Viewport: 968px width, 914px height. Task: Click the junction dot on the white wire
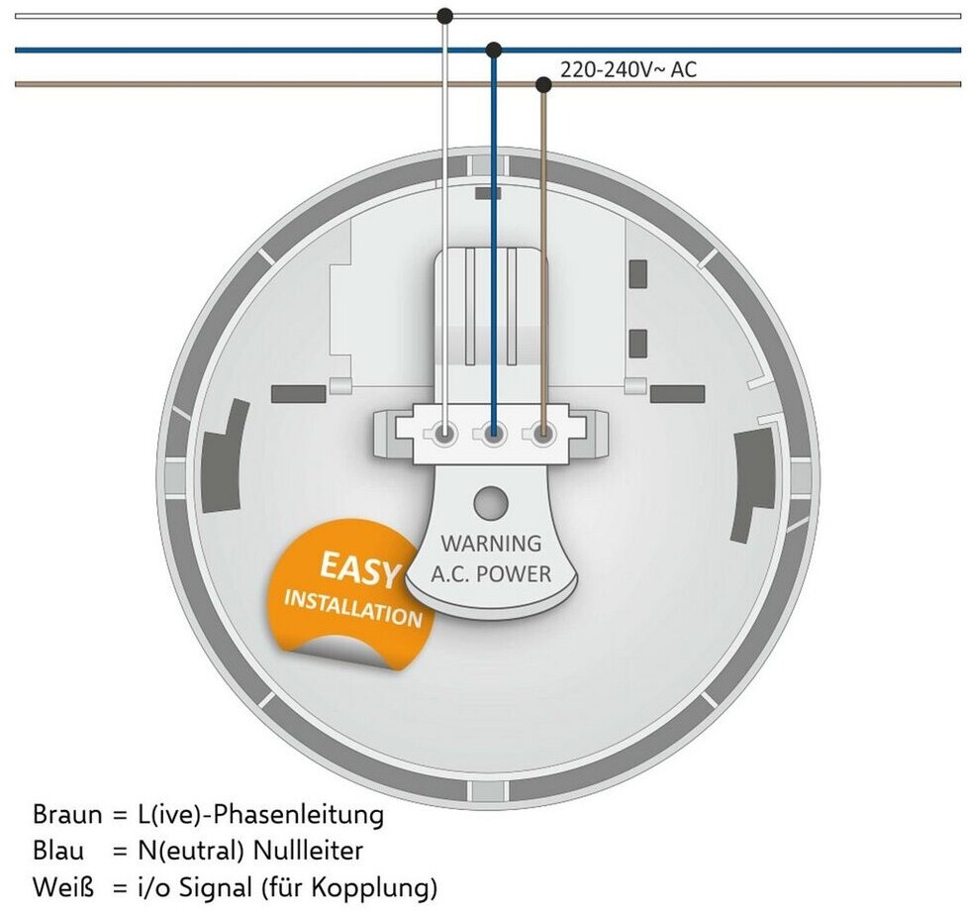point(445,16)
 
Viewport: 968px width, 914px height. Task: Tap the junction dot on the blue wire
point(494,50)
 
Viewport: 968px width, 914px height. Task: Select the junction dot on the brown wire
point(543,84)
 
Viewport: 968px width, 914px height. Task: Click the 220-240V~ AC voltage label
point(629,70)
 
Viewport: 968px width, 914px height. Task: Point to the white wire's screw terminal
point(445,433)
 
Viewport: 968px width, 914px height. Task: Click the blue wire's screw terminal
point(494,433)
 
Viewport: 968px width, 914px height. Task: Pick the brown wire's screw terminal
point(542,433)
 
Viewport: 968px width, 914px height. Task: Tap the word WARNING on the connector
point(491,543)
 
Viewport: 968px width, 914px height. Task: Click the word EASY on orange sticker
point(361,569)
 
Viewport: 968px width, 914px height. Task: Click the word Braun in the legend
point(67,816)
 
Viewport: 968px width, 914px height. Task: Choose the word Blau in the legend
point(59,852)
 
